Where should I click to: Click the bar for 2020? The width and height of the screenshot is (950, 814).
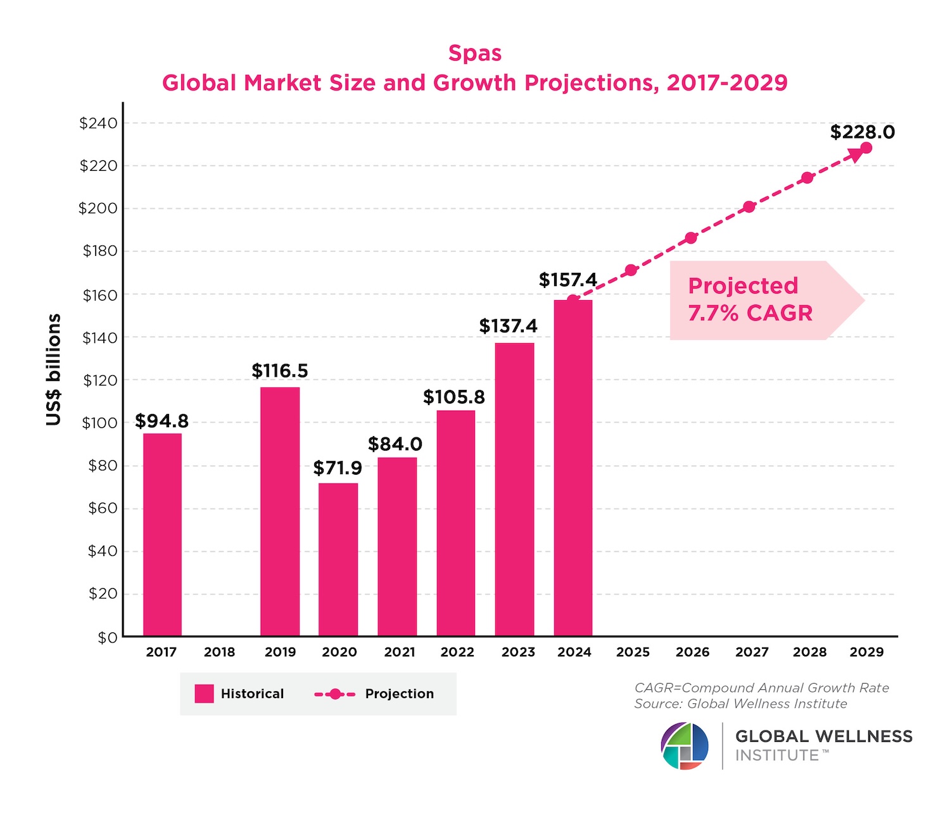(338, 560)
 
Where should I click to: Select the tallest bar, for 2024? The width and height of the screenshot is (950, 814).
(573, 468)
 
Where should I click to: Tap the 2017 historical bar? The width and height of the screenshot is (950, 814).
(162, 534)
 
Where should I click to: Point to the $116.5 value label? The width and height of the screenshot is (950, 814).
(280, 371)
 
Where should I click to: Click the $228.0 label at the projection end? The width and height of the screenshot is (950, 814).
(863, 132)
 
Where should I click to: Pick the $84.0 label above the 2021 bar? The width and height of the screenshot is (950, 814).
(395, 444)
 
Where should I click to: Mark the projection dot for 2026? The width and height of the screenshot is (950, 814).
(691, 238)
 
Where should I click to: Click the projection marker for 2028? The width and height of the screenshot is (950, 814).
(807, 178)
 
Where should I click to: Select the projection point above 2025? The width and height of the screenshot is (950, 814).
(631, 270)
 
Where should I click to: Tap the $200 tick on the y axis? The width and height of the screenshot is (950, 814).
(98, 208)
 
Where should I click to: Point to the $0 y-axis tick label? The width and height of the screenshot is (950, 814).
(107, 638)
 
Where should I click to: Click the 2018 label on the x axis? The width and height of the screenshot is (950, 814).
(220, 652)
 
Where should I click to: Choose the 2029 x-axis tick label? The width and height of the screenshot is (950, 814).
(866, 652)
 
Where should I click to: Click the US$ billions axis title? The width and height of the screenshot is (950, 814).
(54, 370)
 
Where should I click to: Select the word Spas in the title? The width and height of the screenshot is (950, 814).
(475, 53)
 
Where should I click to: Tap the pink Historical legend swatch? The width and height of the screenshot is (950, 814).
(204, 694)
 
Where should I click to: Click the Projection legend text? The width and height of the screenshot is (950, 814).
(400, 694)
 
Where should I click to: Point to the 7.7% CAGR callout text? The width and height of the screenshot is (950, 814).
(750, 313)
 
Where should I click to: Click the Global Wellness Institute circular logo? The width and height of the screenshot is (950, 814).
(685, 746)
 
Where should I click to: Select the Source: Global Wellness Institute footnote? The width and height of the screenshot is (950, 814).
(740, 704)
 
